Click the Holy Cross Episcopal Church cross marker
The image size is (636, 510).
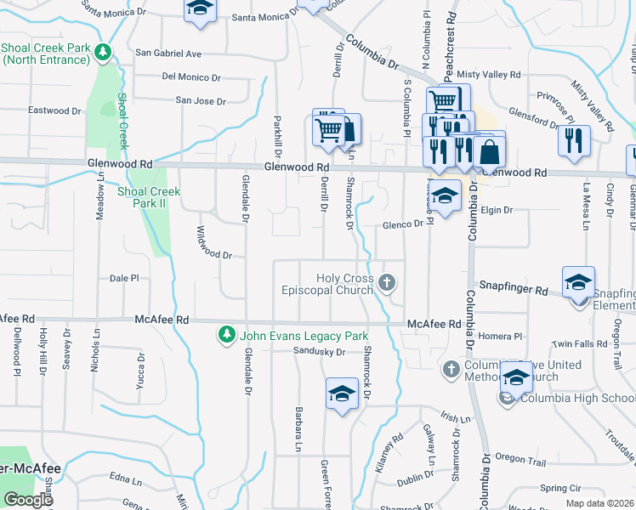[388, 282]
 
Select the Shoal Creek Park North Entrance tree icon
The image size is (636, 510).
[103, 53]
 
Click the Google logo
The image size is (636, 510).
[28, 500]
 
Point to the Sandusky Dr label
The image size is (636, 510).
[319, 351]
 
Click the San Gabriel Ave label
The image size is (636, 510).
[168, 53]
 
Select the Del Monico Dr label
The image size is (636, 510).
[191, 76]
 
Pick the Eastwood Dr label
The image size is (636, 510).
[54, 110]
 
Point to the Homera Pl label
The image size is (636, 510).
[500, 336]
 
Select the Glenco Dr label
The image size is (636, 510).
[402, 224]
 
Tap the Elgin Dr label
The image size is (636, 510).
[497, 209]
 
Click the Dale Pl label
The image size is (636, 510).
[124, 278]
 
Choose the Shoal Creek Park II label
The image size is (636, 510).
[148, 197]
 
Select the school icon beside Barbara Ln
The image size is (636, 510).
[342, 393]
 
